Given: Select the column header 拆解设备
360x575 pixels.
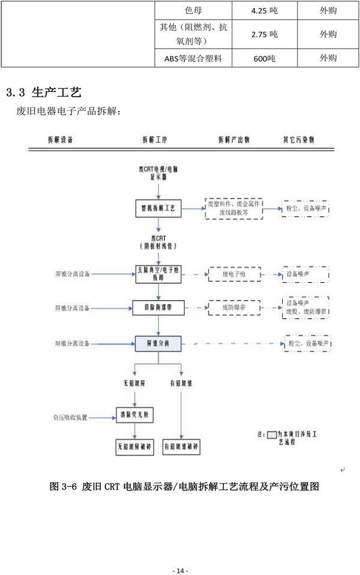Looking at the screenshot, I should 61,139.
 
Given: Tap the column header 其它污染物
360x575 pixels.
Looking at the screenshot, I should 298,139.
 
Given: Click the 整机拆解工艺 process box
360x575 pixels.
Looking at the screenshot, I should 158,208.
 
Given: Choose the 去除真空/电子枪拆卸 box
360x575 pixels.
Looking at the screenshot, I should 158,274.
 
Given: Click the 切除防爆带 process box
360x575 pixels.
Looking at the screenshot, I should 158,308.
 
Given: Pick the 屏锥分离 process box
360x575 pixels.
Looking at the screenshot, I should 158,343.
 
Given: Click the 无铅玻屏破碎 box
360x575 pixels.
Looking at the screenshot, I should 134,447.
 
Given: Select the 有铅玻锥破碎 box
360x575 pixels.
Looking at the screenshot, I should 181,447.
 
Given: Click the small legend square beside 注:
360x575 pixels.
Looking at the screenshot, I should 272,433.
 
